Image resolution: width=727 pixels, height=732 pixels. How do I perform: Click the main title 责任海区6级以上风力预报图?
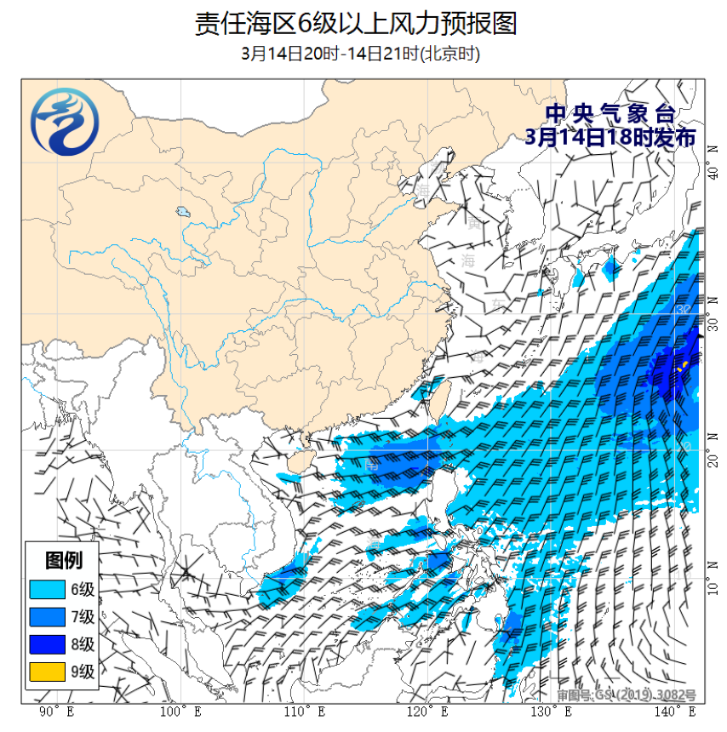[x=356, y=23]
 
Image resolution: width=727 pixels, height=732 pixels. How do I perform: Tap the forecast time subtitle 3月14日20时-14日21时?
[x=361, y=54]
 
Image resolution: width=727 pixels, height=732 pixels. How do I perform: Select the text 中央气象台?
[x=610, y=113]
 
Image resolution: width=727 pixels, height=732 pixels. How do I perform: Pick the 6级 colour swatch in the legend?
[x=47, y=589]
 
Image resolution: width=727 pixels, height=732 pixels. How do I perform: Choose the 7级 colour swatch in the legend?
[x=47, y=616]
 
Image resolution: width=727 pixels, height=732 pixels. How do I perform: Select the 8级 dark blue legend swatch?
[x=47, y=644]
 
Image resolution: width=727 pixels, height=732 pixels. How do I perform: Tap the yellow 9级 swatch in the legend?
[x=47, y=672]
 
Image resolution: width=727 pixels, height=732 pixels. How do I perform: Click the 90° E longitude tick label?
[x=57, y=712]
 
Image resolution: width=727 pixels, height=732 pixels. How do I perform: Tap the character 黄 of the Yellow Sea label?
[x=473, y=225]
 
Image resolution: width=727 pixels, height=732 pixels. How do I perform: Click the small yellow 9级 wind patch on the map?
[x=683, y=365]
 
